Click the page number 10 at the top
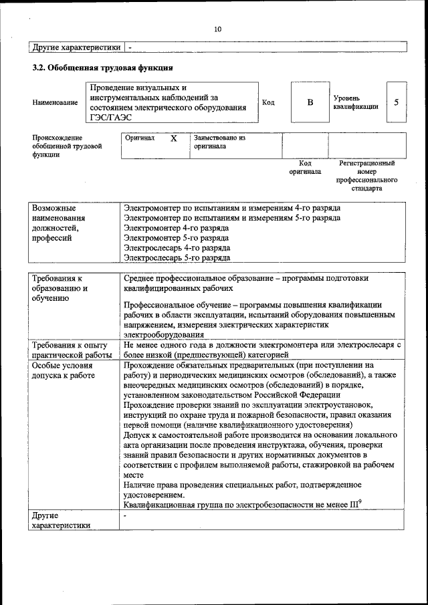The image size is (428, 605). [x=217, y=29]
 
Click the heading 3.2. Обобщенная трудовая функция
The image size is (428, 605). [x=103, y=68]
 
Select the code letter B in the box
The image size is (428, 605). [x=310, y=102]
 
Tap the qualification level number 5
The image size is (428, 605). [x=397, y=102]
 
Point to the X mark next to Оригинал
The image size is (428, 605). [x=174, y=138]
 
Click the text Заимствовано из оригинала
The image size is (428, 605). [x=220, y=142]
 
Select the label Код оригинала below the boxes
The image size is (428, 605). [x=305, y=167]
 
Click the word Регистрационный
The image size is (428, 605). [x=366, y=163]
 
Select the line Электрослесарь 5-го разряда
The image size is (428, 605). [x=177, y=257]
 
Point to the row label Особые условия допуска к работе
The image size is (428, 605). [x=64, y=370]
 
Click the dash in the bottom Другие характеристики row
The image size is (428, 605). [x=125, y=517]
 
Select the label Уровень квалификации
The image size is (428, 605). [x=356, y=102]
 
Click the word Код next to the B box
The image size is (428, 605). [x=268, y=102]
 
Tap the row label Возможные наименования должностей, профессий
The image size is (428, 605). [x=59, y=223]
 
